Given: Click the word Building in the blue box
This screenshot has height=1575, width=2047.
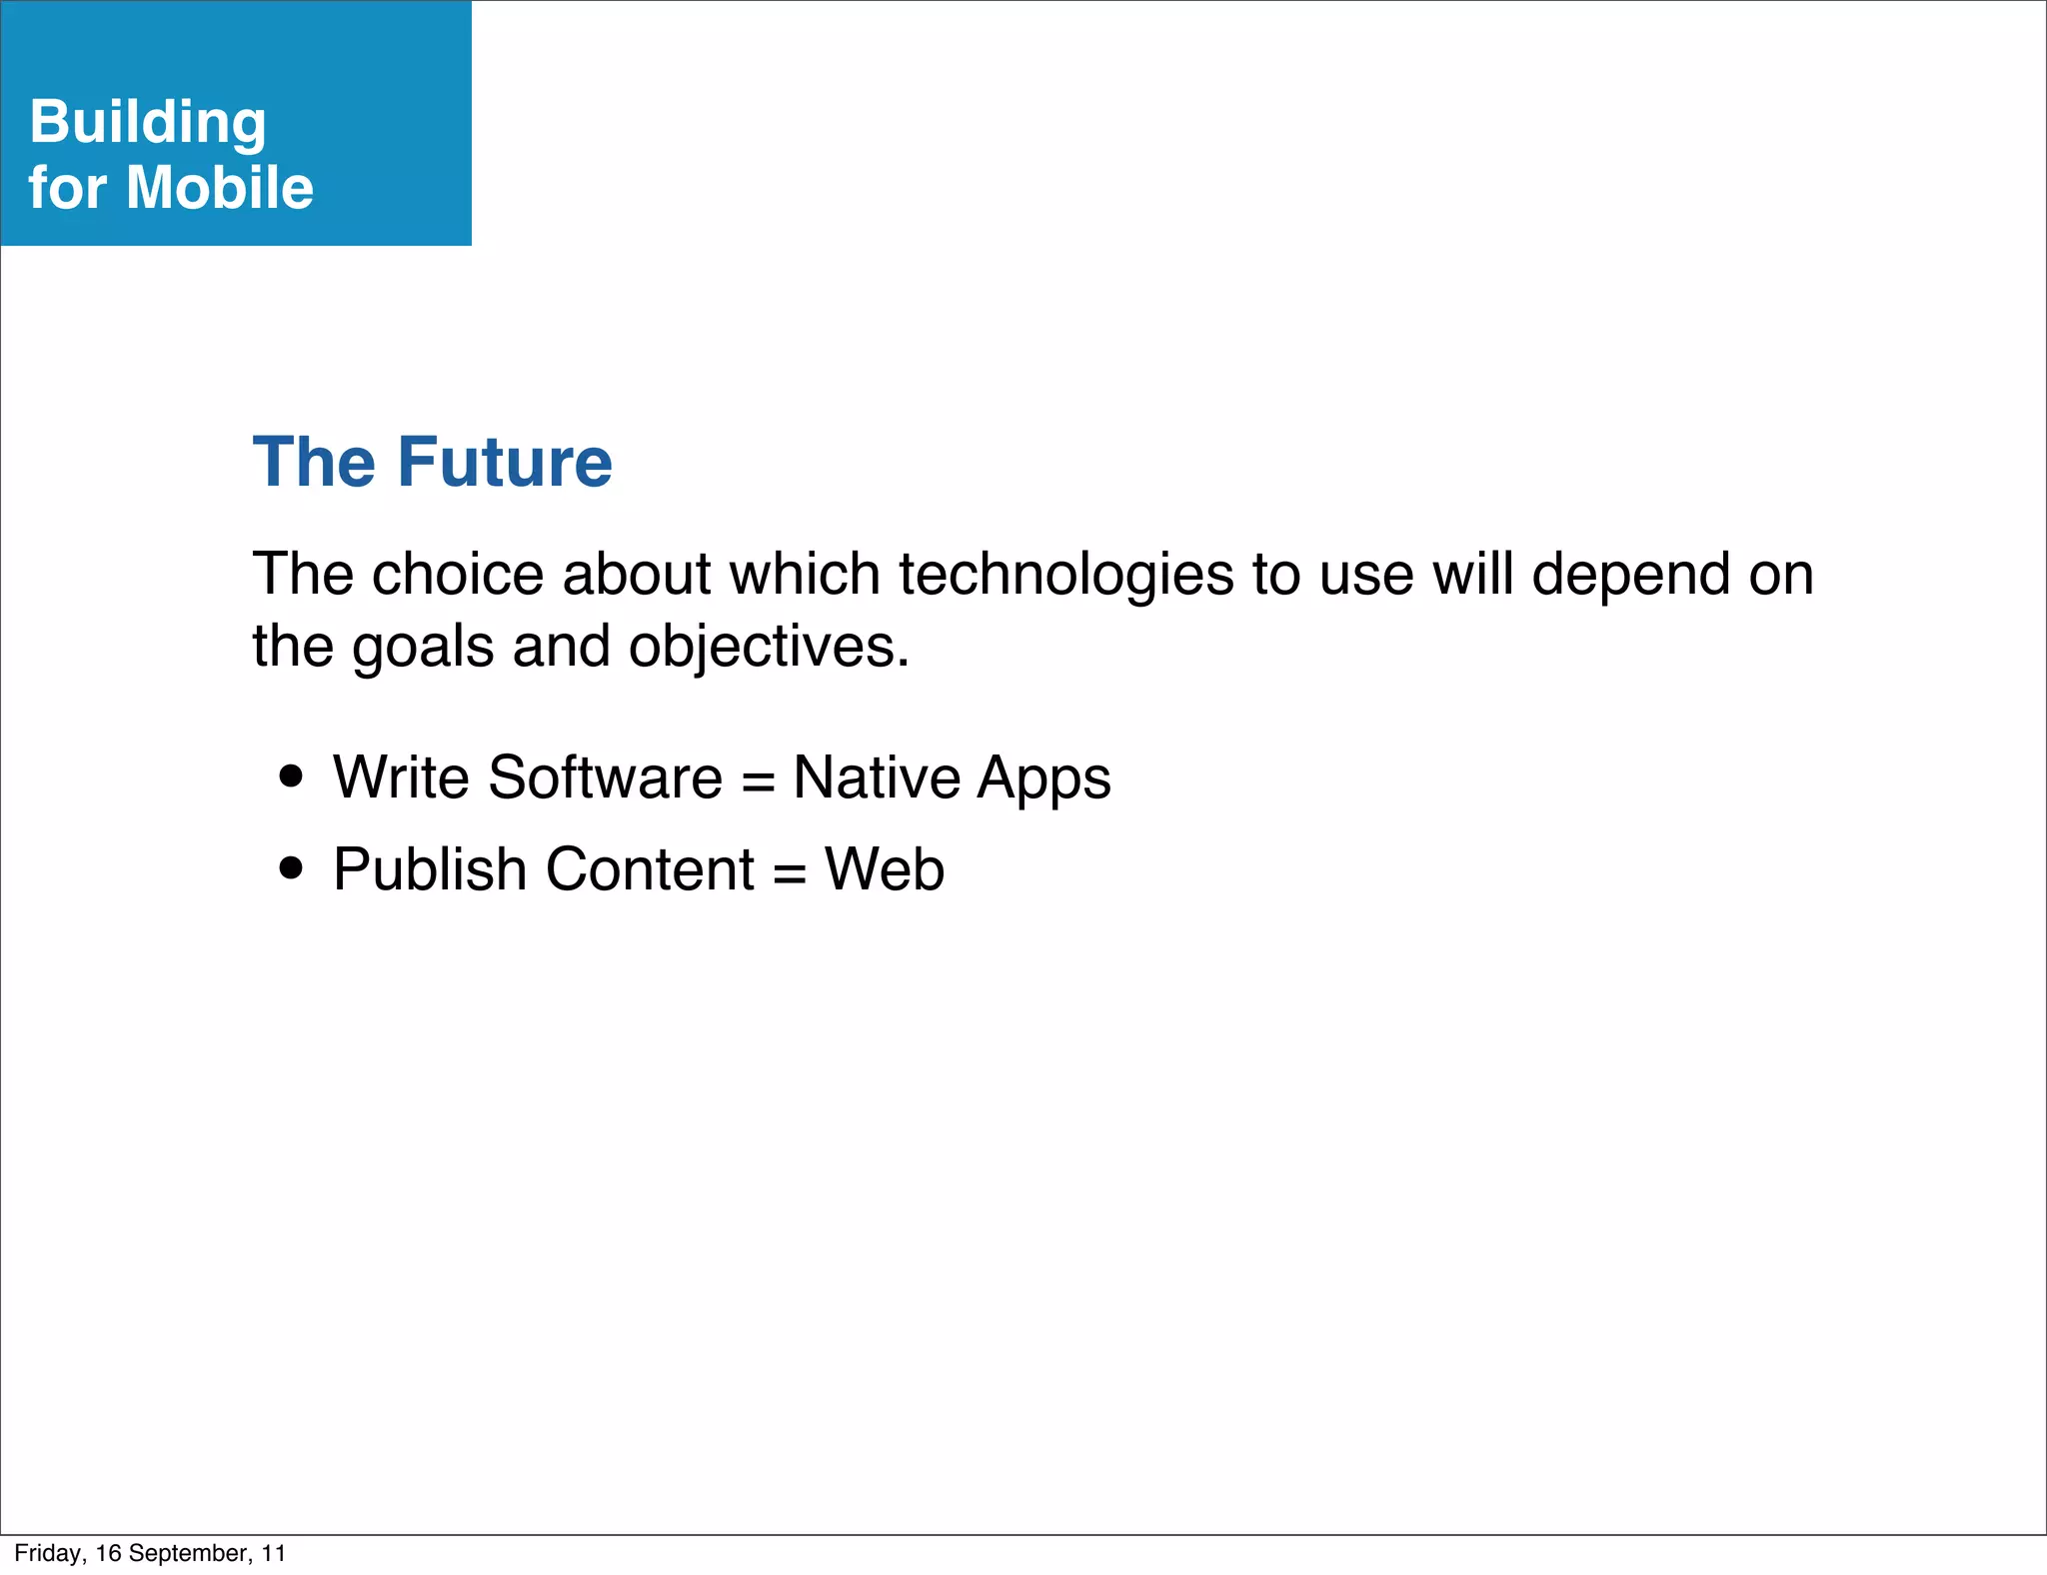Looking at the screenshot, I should (x=148, y=122).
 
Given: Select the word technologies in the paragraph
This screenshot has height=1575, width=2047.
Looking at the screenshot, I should (x=1065, y=575).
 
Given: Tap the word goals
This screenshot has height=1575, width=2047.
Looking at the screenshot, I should (x=423, y=647).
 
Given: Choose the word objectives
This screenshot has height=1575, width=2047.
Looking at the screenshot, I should (x=769, y=647).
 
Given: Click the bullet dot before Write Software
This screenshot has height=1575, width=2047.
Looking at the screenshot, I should (x=291, y=777).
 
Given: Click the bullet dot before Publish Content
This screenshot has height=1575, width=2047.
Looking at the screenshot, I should (x=291, y=867).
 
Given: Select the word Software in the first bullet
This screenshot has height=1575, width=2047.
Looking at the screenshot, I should (x=605, y=777).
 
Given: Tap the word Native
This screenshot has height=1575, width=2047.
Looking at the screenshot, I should (x=876, y=777).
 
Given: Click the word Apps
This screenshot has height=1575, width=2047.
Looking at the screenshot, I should (x=1043, y=779).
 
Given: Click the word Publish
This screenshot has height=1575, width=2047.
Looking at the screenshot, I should (x=430, y=868).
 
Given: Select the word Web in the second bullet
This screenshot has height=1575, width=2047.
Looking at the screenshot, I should (x=885, y=868).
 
